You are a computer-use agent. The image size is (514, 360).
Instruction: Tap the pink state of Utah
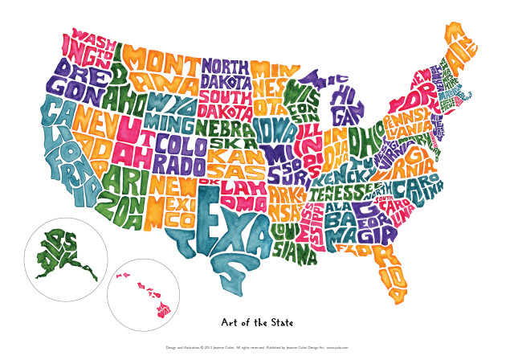click(133, 141)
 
